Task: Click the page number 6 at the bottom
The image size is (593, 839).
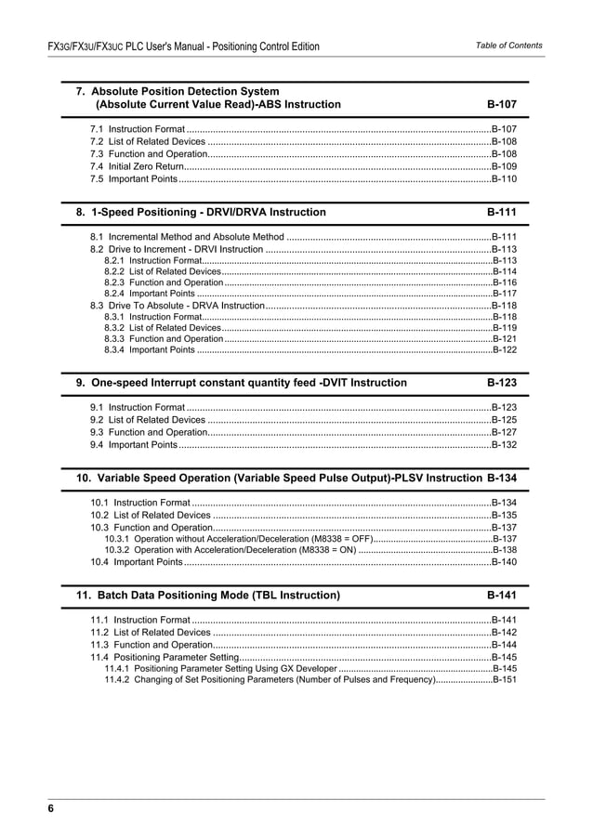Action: point(52,809)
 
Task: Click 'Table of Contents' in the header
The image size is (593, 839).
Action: point(508,46)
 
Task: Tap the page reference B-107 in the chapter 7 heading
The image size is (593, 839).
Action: point(502,105)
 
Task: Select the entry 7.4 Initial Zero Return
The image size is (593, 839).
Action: point(137,165)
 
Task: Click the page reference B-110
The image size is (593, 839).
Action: point(504,178)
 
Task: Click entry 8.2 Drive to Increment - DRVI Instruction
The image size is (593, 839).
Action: point(177,250)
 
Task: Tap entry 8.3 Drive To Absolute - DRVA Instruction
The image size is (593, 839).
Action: point(177,305)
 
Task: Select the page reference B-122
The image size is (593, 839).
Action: point(505,350)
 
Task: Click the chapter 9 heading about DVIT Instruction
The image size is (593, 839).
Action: point(241,383)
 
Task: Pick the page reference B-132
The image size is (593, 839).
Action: point(504,445)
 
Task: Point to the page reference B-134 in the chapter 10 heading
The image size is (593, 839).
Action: point(502,478)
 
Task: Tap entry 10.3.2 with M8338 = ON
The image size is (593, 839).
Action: point(231,550)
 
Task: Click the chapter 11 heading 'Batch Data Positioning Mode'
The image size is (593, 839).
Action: point(208,595)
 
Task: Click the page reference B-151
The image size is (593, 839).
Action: point(505,680)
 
